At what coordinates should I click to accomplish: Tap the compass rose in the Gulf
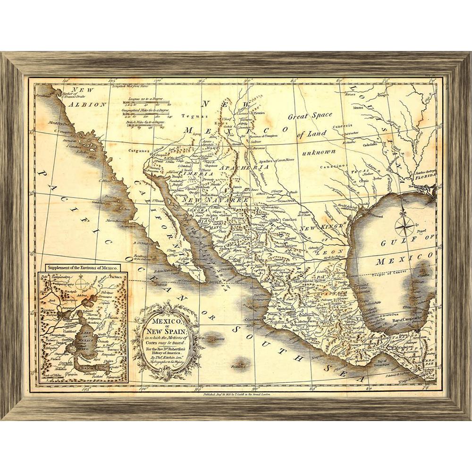pyautogui.click(x=405, y=225)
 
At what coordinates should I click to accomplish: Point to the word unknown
pyautogui.click(x=319, y=152)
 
